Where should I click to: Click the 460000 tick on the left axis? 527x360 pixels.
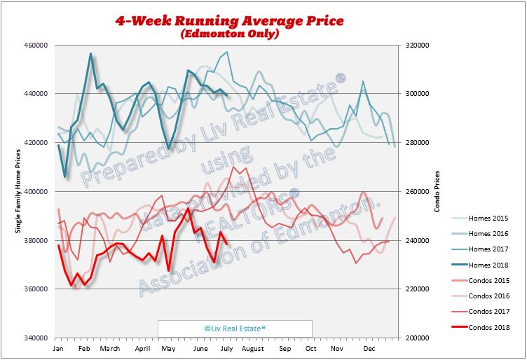(36, 45)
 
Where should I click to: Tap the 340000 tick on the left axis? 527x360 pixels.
(36, 338)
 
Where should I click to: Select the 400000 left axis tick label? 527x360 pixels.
(36, 191)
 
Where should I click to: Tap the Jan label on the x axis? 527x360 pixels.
(58, 348)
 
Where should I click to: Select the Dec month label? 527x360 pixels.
(369, 348)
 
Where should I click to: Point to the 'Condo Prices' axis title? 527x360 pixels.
(437, 191)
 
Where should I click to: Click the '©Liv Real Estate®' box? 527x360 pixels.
(234, 328)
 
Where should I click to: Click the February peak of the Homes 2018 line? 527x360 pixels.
(90, 53)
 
